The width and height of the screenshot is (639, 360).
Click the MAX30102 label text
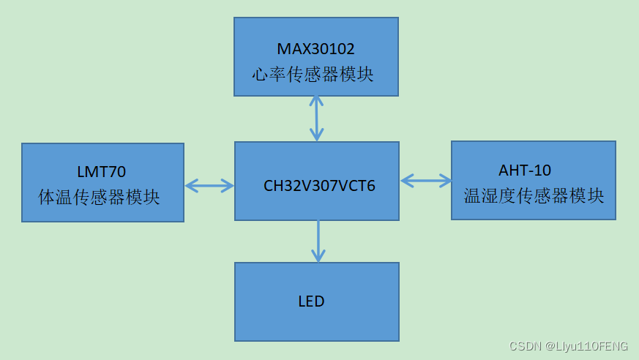pyautogui.click(x=315, y=49)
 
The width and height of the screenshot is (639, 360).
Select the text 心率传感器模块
pyautogui.click(x=313, y=74)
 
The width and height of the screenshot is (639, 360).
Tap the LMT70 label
pyautogui.click(x=101, y=172)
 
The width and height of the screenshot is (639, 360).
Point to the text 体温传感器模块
pyautogui.click(x=99, y=197)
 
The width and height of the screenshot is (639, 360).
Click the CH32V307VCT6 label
pyautogui.click(x=319, y=186)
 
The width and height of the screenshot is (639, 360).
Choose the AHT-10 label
pyautogui.click(x=525, y=170)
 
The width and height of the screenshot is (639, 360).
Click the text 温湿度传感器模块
pyautogui.click(x=534, y=195)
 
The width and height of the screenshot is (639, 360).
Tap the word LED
pyautogui.click(x=311, y=301)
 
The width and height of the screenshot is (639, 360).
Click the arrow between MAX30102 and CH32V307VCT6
pyautogui.click(x=316, y=118)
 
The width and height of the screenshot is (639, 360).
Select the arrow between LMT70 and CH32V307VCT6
pyautogui.click(x=209, y=186)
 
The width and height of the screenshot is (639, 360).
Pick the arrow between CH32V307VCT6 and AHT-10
pyautogui.click(x=426, y=180)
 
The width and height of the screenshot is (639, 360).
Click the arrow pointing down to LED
pyautogui.click(x=318, y=241)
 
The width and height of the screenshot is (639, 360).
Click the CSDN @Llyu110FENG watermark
pyautogui.click(x=569, y=346)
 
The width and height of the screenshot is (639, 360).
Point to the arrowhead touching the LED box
pyautogui.click(x=318, y=256)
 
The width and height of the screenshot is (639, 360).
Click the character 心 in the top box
pyautogui.click(x=260, y=74)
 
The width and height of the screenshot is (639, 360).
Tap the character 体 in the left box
pyautogui.click(x=47, y=197)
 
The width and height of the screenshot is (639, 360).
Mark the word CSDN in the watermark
pyautogui.click(x=524, y=346)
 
